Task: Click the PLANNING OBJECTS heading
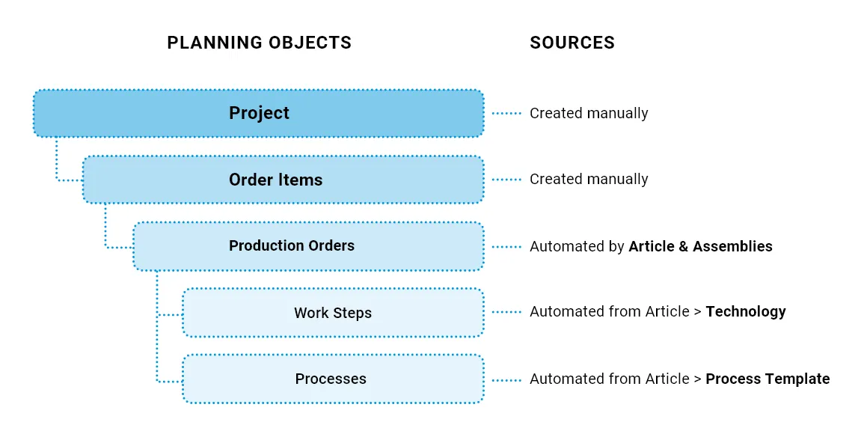pyautogui.click(x=259, y=43)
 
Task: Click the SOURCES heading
pyautogui.click(x=572, y=43)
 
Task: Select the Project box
pyautogui.click(x=258, y=113)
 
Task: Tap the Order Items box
pyautogui.click(x=284, y=180)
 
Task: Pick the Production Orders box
pyautogui.click(x=308, y=245)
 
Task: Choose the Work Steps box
pyautogui.click(x=334, y=313)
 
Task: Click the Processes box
pyautogui.click(x=334, y=379)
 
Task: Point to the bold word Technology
pyautogui.click(x=746, y=312)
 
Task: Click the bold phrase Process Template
pyautogui.click(x=768, y=379)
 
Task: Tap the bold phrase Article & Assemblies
pyautogui.click(x=700, y=246)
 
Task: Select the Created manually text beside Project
pyautogui.click(x=589, y=113)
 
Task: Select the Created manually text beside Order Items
pyautogui.click(x=589, y=179)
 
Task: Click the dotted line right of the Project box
pyautogui.click(x=506, y=114)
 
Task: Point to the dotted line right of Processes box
pyautogui.click(x=506, y=380)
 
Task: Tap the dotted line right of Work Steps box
pyautogui.click(x=506, y=313)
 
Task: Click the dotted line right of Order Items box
pyautogui.click(x=506, y=180)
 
